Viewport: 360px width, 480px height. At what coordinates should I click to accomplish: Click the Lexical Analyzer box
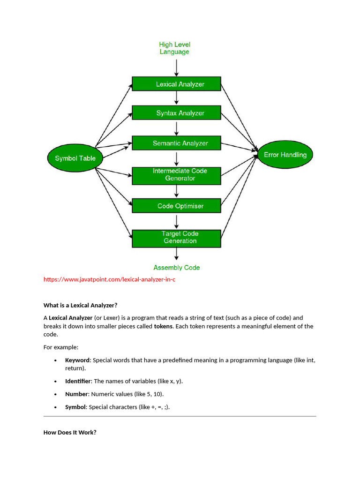(x=176, y=84)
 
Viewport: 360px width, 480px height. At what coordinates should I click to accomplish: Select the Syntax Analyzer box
(x=176, y=113)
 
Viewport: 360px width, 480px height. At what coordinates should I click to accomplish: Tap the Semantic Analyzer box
(x=176, y=143)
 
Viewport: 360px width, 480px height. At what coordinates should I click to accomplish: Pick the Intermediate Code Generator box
(x=176, y=175)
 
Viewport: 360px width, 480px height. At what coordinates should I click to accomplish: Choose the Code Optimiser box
(x=176, y=206)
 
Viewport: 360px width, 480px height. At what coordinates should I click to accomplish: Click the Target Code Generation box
(x=176, y=238)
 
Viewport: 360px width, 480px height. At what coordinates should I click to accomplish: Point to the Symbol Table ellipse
(x=75, y=158)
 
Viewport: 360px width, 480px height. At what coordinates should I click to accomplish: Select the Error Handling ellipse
(x=285, y=155)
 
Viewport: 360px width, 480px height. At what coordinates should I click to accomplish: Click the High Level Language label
(x=174, y=48)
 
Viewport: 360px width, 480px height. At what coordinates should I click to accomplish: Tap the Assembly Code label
(x=176, y=268)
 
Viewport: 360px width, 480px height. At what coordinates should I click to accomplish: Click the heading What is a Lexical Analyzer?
(x=80, y=305)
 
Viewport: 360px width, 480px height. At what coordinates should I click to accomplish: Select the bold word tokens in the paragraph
(x=164, y=326)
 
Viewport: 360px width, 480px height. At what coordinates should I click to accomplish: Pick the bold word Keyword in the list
(x=77, y=360)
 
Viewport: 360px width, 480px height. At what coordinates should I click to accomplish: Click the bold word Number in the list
(x=76, y=394)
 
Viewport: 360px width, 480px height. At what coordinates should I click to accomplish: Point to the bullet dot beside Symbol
(x=55, y=407)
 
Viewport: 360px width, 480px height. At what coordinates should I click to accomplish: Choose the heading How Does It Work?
(x=70, y=432)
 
